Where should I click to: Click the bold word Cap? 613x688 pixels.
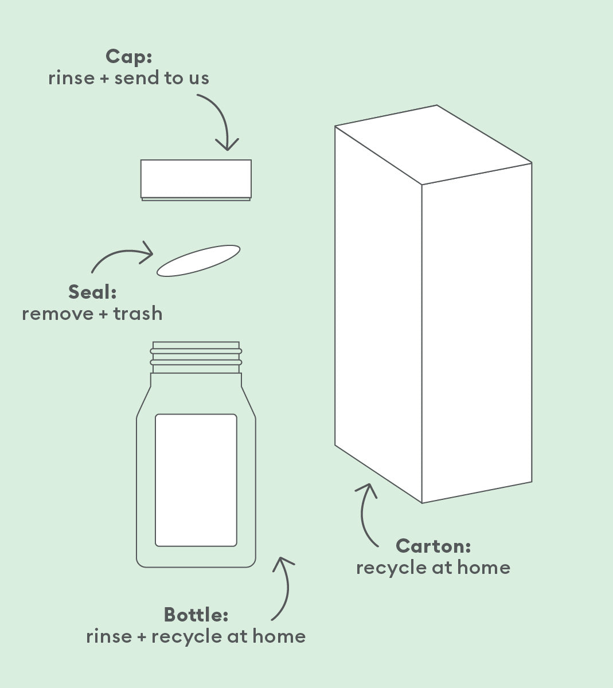click(x=128, y=57)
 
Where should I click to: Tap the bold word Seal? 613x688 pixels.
click(x=92, y=292)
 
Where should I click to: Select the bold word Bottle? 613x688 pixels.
click(x=196, y=615)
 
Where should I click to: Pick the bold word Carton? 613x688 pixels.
click(x=434, y=546)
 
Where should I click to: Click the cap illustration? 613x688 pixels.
click(x=196, y=179)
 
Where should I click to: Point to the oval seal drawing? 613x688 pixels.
click(x=198, y=260)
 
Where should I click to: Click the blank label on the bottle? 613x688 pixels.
click(x=196, y=480)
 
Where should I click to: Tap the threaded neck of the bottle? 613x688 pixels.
click(x=196, y=357)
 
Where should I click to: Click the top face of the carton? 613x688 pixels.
click(x=434, y=144)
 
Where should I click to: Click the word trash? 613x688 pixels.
click(x=138, y=314)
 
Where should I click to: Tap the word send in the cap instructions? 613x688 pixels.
click(x=138, y=78)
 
